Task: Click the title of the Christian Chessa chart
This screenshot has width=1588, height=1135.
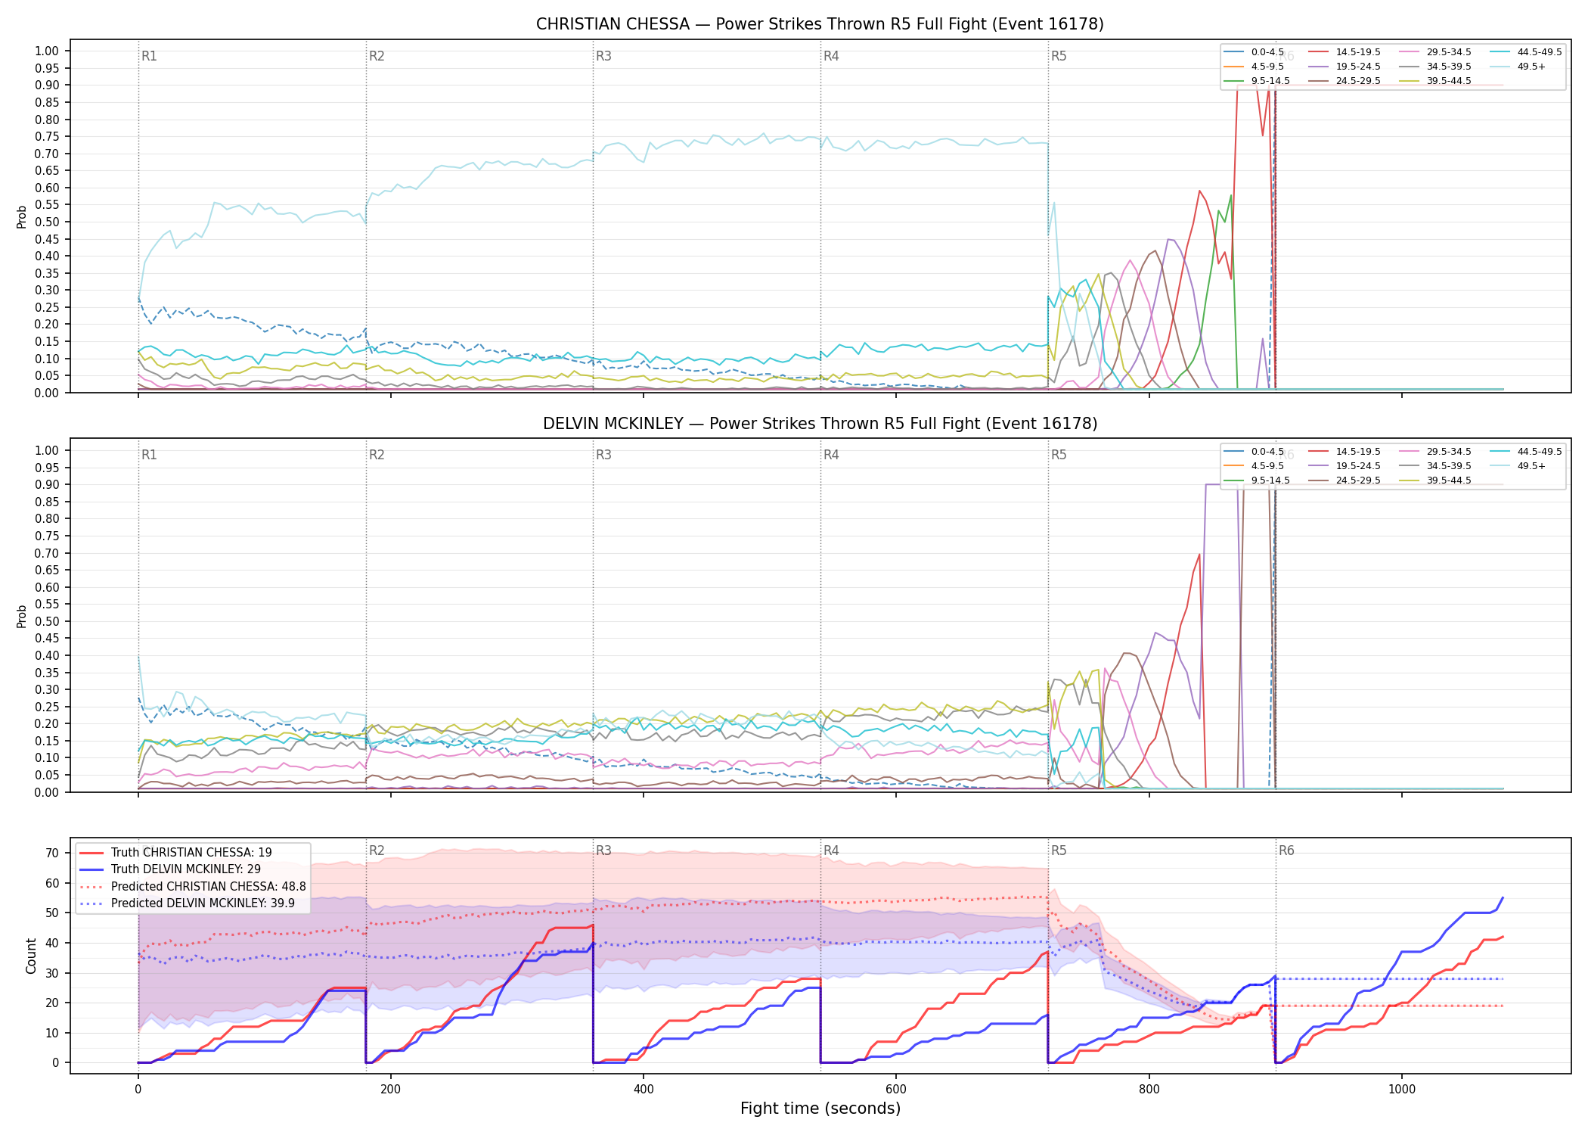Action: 820,24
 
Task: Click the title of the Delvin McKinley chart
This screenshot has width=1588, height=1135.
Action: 820,424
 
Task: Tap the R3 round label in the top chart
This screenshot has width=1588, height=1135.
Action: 603,56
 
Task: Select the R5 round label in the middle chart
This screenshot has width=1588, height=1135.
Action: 1059,455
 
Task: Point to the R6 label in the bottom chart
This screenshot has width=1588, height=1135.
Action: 1286,850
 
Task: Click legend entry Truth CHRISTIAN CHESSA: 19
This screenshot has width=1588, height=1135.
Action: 175,853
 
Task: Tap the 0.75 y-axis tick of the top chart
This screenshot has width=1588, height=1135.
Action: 47,137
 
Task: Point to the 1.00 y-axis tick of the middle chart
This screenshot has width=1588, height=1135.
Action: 47,450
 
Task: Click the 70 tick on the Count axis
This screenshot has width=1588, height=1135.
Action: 52,853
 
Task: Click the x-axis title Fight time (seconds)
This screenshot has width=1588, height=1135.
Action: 820,1109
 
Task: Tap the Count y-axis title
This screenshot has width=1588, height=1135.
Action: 31,956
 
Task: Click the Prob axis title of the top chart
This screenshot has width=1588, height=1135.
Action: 22,216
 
